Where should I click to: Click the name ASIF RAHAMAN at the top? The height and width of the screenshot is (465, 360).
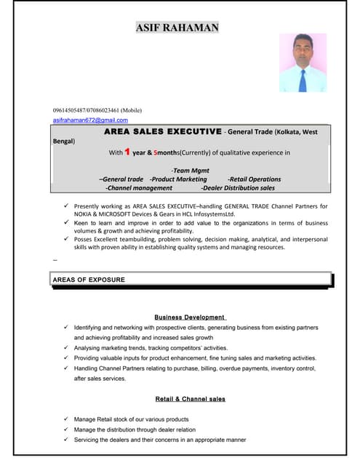[x=177, y=28]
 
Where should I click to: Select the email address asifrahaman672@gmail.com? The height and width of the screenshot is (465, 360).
[x=90, y=120]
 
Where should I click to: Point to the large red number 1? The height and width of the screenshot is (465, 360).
[x=127, y=152]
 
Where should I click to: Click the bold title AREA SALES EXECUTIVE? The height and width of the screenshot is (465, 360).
[x=163, y=132]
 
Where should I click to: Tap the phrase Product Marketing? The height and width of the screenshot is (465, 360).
[x=178, y=179]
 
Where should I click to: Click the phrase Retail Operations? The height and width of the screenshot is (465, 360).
[x=254, y=179]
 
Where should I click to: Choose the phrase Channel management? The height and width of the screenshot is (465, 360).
[x=139, y=187]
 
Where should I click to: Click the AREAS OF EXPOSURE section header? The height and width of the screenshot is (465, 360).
[x=89, y=280]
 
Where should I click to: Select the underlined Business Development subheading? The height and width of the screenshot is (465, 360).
[x=190, y=318]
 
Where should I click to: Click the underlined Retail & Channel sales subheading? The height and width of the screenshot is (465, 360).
[x=190, y=399]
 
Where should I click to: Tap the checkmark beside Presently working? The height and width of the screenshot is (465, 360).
[x=66, y=206]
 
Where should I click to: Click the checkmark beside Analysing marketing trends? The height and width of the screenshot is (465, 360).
[x=66, y=348]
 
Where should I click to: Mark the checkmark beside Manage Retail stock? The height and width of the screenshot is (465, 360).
[x=66, y=419]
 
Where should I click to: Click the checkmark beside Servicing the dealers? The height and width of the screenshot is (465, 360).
[x=66, y=440]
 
